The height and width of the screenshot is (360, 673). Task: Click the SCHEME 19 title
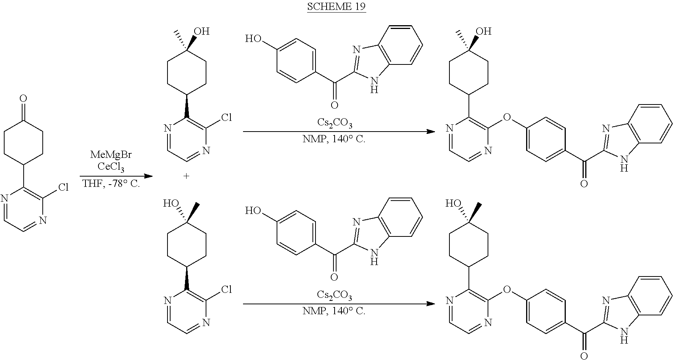(336, 7)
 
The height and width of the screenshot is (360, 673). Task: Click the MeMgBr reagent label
(111, 155)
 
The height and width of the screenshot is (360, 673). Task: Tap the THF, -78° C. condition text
(111, 184)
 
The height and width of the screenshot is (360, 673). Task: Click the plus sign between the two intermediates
(187, 176)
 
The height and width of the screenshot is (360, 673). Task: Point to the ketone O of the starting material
(23, 99)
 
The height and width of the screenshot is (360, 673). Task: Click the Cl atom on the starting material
(63, 187)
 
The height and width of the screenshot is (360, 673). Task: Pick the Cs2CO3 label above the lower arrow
(335, 296)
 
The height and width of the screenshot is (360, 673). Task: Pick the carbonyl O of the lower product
(584, 356)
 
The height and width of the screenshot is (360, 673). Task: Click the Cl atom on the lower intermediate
(226, 289)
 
